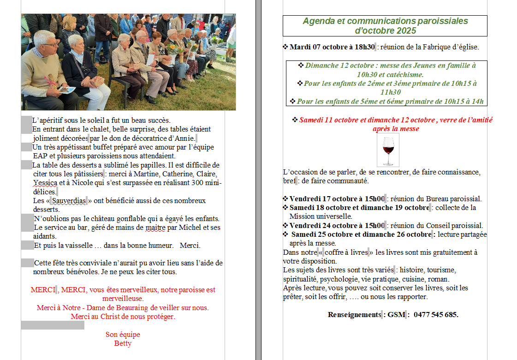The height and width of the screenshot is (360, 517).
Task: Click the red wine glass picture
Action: coord(388,150)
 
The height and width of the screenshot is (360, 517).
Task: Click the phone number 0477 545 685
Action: coord(436,315)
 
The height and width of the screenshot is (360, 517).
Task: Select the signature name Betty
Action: coord(123,343)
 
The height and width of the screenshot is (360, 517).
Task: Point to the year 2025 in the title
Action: coord(405,31)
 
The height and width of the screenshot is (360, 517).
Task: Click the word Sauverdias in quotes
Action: coord(69,201)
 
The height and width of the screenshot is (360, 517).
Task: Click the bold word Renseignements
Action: coord(354,315)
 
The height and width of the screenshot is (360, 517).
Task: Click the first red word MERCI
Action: coord(43,290)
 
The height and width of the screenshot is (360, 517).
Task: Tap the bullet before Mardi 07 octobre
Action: coord(285,47)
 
